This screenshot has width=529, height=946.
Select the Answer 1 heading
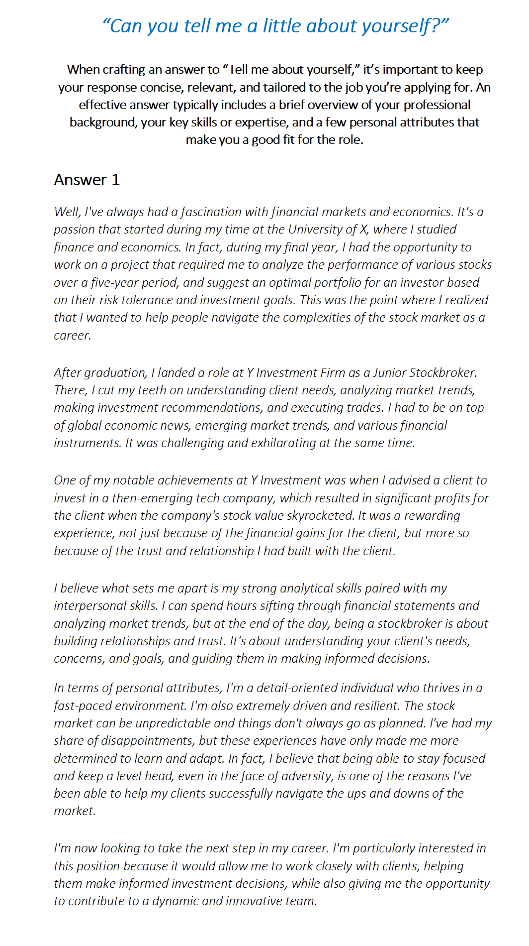pos(87,180)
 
